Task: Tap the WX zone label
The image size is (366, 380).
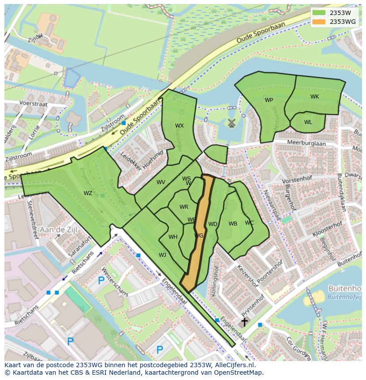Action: pyautogui.click(x=179, y=126)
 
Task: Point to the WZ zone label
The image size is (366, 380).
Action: pyautogui.click(x=88, y=193)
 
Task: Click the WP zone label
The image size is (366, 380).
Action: pyautogui.click(x=269, y=100)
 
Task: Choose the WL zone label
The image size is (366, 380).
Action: pyautogui.click(x=308, y=122)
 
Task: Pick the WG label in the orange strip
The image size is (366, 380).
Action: pyautogui.click(x=199, y=236)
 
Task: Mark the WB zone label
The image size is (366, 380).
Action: pyautogui.click(x=233, y=224)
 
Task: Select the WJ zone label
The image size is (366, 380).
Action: pyautogui.click(x=163, y=255)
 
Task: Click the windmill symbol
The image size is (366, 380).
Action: pyautogui.click(x=230, y=123)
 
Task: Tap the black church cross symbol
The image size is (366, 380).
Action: pyautogui.click(x=244, y=322)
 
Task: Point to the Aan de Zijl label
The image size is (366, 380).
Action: pyautogui.click(x=58, y=230)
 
